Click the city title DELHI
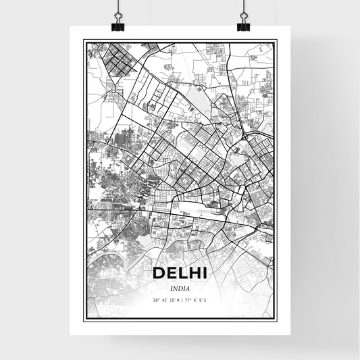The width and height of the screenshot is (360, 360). pyautogui.click(x=180, y=274)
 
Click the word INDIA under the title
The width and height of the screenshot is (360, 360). pyautogui.click(x=180, y=288)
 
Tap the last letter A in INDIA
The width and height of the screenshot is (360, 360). pyautogui.click(x=188, y=288)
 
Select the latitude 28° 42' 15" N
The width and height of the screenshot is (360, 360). pyautogui.click(x=165, y=301)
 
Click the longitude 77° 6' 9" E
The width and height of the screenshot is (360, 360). pyautogui.click(x=195, y=301)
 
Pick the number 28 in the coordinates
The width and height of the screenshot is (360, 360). pyautogui.click(x=155, y=301)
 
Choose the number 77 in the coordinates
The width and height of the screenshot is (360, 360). pyautogui.click(x=186, y=301)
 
